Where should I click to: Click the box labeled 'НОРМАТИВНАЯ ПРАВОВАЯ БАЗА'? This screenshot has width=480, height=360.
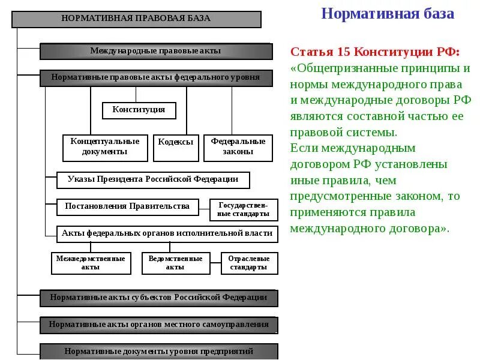pos(137,19)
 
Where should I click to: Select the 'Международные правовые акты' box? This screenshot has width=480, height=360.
pos(156,51)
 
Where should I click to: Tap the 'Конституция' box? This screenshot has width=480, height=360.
pos(139,110)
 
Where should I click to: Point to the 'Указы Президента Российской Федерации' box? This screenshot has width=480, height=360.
pos(153,180)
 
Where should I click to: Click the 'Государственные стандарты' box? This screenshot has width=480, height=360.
pos(244,210)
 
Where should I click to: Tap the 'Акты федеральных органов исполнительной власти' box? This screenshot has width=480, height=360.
pos(167,234)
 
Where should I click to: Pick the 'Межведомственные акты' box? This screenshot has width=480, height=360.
pos(91,263)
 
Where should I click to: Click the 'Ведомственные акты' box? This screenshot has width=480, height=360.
pos(176,263)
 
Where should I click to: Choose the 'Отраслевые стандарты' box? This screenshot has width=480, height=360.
pos(249,263)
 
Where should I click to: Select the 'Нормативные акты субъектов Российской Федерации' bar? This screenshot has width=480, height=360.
pos(158,298)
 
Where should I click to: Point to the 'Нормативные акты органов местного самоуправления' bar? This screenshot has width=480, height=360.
pos(158,325)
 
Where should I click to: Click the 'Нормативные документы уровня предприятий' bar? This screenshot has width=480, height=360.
pos(158,352)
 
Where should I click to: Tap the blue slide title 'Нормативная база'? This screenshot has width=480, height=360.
pos(388,14)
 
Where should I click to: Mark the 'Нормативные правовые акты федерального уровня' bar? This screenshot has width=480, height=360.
pos(156,78)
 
